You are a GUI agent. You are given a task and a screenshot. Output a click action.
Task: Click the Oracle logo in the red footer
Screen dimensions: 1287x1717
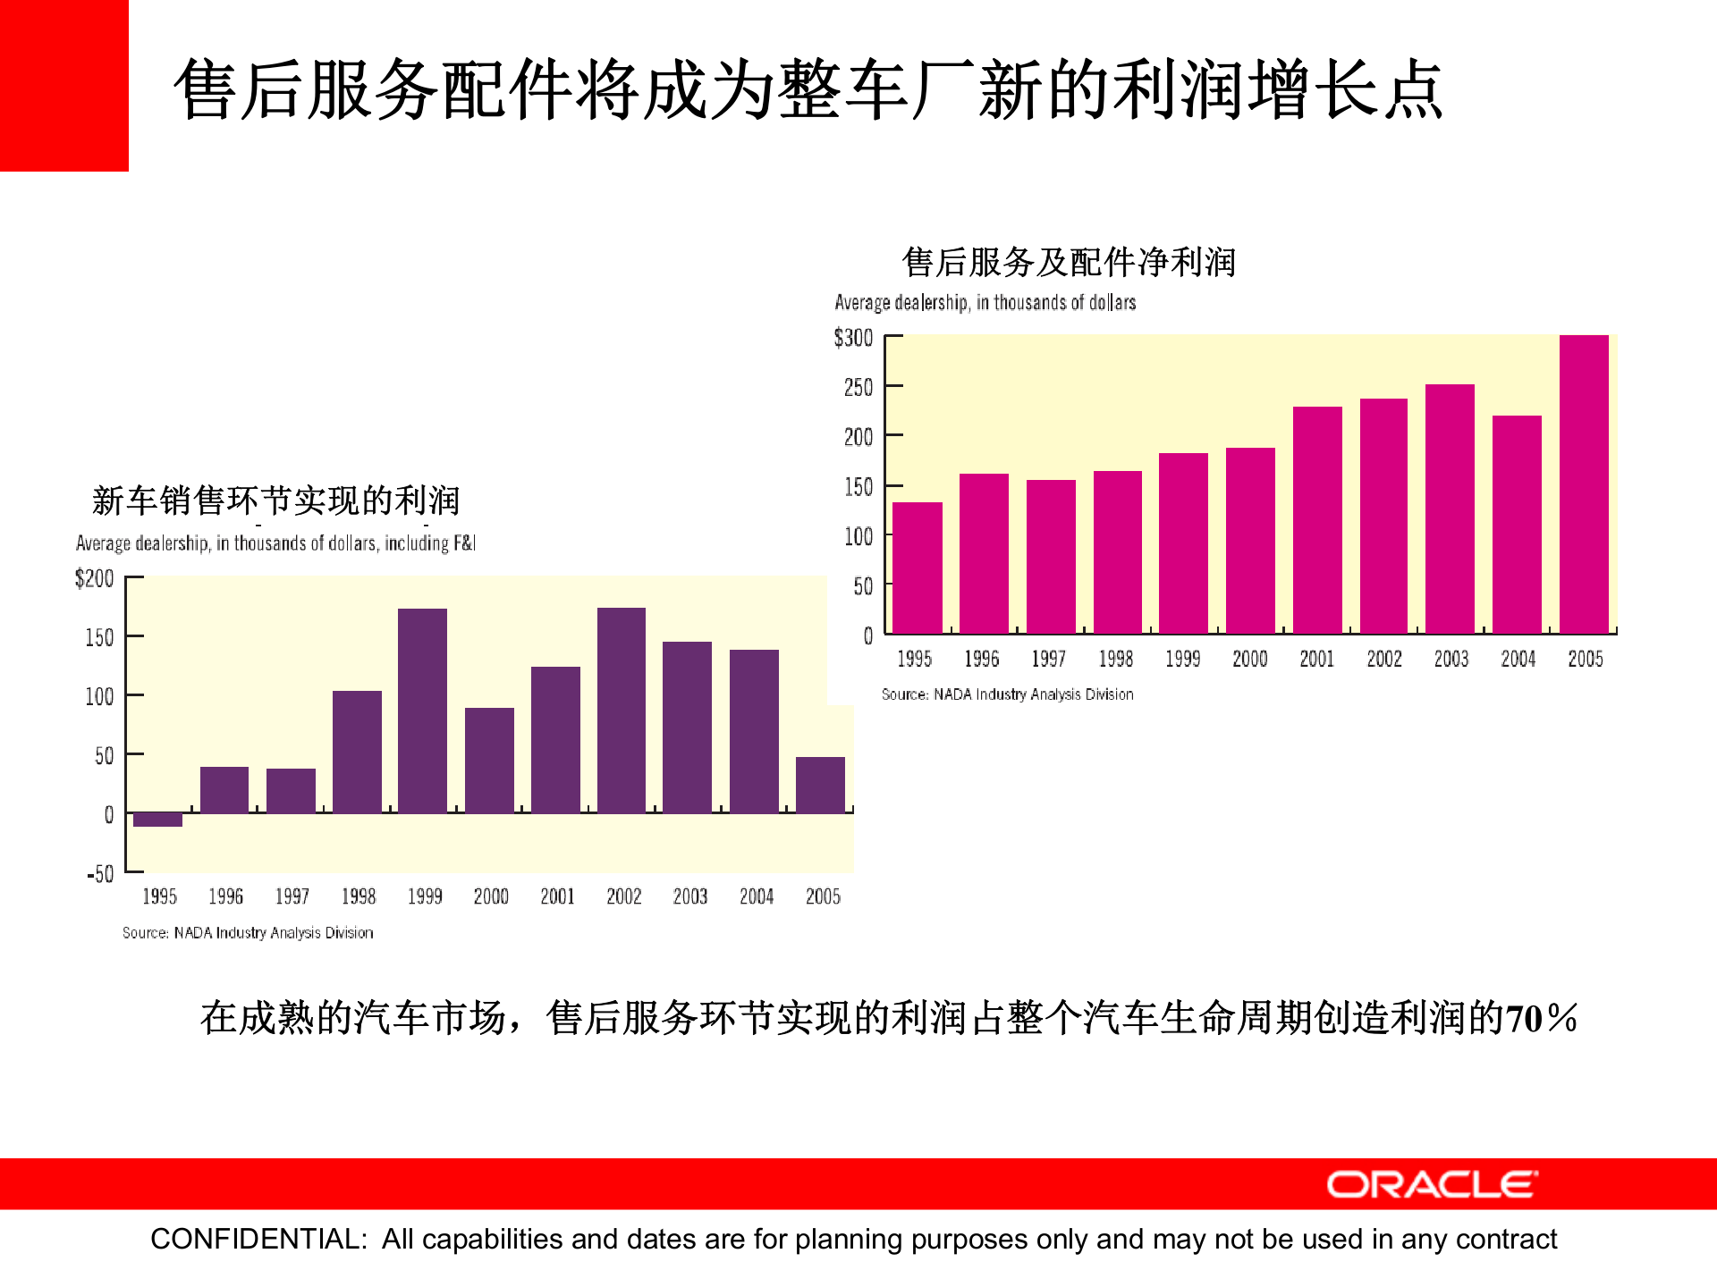tap(1432, 1184)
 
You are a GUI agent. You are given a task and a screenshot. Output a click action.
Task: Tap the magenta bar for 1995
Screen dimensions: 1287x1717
tap(917, 568)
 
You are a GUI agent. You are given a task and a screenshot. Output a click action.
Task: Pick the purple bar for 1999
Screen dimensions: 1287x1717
tap(422, 711)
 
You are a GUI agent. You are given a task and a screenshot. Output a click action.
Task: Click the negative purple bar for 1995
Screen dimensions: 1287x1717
tap(157, 820)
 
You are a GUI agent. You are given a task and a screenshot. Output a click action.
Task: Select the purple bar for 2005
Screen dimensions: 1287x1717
tap(820, 785)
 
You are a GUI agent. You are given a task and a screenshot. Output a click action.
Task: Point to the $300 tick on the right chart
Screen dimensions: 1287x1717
tap(853, 338)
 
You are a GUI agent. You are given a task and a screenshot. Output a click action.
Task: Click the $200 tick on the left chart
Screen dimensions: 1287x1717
tap(95, 578)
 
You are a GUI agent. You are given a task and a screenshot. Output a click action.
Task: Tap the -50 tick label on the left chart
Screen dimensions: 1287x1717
tap(100, 873)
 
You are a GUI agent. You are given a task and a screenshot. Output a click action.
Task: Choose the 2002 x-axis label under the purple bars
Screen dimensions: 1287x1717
tap(623, 896)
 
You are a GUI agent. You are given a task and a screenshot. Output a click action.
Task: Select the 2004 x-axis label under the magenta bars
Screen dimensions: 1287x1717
tap(1518, 659)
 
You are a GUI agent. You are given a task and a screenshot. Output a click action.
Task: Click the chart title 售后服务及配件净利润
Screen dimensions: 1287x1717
tap(1069, 262)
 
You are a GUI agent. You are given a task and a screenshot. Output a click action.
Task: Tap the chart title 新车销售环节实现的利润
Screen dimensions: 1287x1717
tap(275, 500)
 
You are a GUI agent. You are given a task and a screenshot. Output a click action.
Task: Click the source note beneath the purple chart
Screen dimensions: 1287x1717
tap(248, 932)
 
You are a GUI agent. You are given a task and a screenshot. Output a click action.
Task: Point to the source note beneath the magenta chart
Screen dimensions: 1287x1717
tap(1007, 694)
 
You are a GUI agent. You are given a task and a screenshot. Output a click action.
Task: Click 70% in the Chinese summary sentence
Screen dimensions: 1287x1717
tap(1541, 1018)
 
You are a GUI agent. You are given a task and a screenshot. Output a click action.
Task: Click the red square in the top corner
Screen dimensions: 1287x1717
tap(63, 85)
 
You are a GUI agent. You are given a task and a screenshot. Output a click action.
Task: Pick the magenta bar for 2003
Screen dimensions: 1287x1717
tap(1450, 509)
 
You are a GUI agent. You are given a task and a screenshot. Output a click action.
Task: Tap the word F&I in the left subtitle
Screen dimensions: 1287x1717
tap(464, 543)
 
